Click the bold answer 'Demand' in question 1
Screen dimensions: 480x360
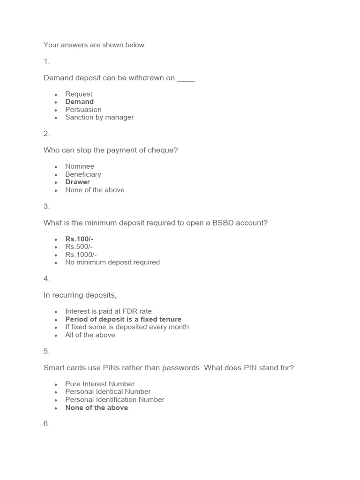(79, 102)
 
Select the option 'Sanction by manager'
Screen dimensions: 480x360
(99, 117)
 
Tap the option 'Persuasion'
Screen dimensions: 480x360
(83, 110)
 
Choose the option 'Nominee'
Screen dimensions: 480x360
(80, 166)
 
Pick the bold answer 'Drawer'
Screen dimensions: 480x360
(77, 182)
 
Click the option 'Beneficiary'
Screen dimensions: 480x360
(83, 174)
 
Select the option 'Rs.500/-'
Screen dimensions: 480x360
(79, 247)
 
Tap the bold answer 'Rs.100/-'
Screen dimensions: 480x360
(79, 239)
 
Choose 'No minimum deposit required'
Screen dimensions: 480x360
(112, 262)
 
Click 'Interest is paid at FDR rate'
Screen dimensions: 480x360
(108, 311)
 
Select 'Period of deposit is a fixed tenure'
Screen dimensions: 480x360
(123, 319)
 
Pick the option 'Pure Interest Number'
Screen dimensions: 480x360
(100, 384)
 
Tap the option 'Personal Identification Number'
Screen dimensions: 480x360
(115, 399)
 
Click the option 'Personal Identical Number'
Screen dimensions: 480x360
(108, 391)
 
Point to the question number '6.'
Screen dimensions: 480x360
(46, 424)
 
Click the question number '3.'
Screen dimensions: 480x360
(46, 206)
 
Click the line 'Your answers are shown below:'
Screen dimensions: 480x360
(95, 45)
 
